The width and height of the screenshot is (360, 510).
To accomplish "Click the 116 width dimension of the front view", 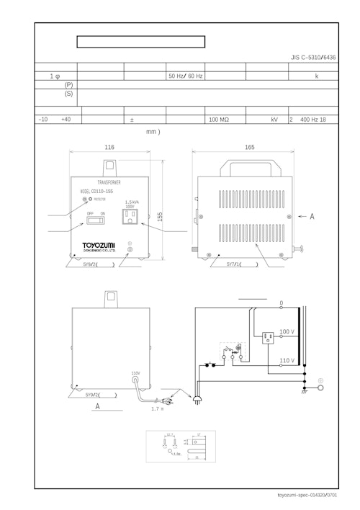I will (109, 147).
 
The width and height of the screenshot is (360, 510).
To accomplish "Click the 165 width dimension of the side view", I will (249, 147).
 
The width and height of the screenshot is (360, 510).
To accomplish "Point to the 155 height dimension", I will (160, 215).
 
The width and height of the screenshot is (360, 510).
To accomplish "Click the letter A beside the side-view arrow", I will (312, 215).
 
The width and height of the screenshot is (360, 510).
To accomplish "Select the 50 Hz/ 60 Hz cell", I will (185, 76).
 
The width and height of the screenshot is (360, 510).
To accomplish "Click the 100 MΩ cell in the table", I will (219, 120).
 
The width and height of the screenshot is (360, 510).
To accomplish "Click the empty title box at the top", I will (141, 42).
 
